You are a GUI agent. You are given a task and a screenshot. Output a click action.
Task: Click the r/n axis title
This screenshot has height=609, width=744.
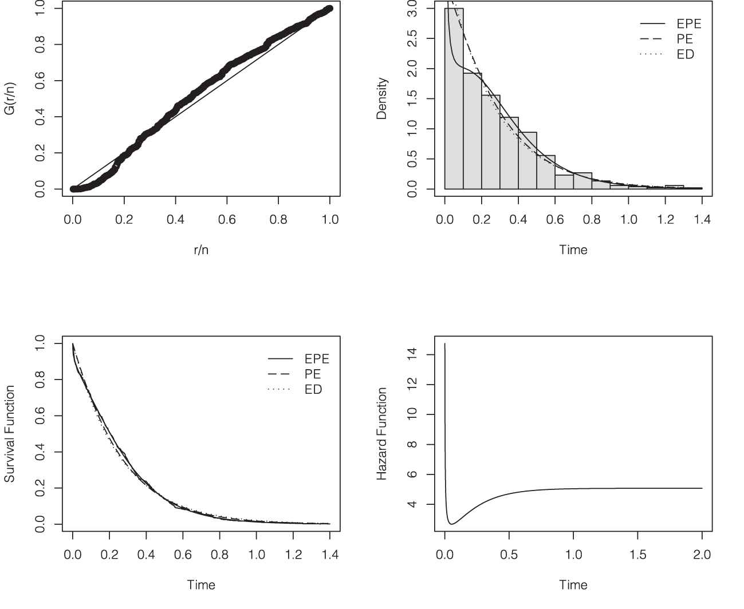201,250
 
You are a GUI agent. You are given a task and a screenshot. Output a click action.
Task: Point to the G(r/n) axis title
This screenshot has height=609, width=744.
10,99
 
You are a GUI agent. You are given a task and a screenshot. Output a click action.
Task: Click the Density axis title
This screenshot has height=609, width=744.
381,98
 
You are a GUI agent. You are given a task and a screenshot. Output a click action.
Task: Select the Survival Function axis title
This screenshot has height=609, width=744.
10,433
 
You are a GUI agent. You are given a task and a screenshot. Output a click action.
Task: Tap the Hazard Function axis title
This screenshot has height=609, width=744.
381,433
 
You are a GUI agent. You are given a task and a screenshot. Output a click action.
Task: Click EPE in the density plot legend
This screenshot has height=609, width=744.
688,24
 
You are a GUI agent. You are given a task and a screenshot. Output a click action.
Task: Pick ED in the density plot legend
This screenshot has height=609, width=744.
685,54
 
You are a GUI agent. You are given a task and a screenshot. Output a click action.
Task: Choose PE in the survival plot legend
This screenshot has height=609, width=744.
313,374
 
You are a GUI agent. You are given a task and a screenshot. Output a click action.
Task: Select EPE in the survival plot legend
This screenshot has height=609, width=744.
317,359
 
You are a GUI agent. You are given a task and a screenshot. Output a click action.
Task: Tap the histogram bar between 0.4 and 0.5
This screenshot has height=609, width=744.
528,160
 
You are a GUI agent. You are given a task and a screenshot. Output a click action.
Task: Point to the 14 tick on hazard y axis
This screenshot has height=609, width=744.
412,355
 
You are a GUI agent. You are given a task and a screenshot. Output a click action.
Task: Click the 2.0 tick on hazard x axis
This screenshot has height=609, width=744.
702,555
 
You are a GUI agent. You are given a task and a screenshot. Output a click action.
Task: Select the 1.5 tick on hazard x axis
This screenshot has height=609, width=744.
637,555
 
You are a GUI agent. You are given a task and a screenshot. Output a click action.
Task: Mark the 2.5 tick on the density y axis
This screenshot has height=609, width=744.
412,39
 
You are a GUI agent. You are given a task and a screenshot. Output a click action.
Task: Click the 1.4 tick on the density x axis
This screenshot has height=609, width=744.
702,219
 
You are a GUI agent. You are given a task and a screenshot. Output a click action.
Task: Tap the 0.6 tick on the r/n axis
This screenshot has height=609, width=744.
227,219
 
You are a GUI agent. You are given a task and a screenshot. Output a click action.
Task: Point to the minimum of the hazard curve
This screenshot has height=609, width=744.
452,524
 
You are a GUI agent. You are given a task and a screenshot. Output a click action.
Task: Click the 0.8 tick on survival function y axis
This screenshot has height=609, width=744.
40,379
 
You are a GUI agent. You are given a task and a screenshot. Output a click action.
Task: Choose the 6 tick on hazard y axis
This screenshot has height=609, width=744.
412,474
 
